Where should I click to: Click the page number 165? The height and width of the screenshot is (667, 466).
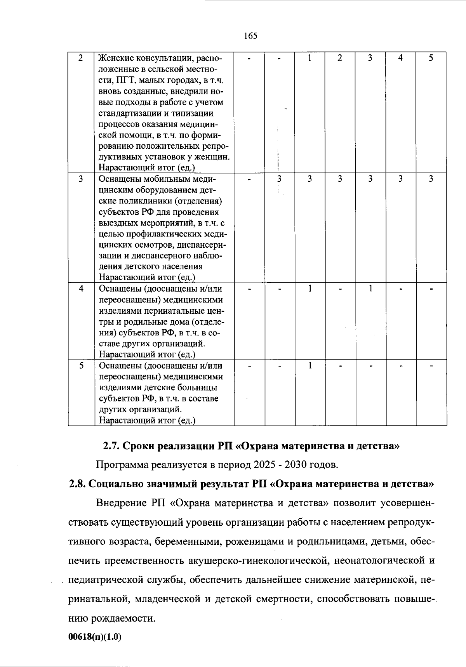[250, 36]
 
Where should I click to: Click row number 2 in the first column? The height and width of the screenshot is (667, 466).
[81, 58]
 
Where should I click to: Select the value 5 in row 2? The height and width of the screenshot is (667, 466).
[431, 58]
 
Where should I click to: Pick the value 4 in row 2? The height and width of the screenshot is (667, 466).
[400, 58]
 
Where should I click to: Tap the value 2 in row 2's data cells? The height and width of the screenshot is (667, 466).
[340, 58]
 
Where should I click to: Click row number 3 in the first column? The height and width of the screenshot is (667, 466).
[81, 179]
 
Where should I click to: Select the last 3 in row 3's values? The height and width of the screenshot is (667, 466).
[431, 179]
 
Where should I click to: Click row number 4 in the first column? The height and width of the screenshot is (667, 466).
[81, 289]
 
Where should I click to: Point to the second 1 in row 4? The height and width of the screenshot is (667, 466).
[370, 289]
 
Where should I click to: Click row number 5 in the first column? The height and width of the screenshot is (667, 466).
[81, 366]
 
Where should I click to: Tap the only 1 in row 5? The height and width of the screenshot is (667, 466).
[310, 366]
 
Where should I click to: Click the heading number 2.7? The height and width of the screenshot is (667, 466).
[111, 446]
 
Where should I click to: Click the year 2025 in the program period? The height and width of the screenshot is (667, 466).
[264, 465]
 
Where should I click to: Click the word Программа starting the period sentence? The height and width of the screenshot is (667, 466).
[122, 465]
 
